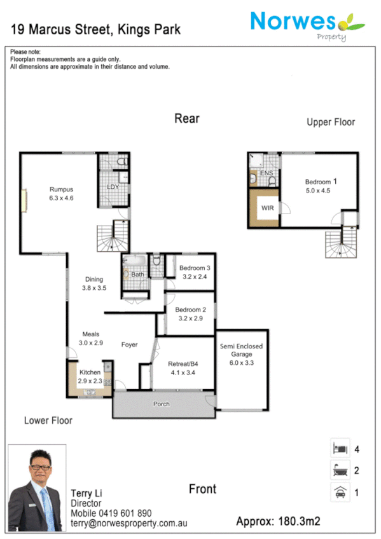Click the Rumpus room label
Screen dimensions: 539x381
[x=62, y=189]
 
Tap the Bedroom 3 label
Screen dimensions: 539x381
[x=194, y=268]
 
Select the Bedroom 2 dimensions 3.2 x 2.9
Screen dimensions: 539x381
[x=189, y=319]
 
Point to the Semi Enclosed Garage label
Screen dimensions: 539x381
[x=241, y=350]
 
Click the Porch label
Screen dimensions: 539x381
[x=162, y=404]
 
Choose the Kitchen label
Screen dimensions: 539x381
[x=90, y=372]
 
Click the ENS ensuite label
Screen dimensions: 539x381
[x=266, y=173]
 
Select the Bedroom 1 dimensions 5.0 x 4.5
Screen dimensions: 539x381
[x=318, y=190]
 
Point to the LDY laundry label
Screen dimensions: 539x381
[x=113, y=187]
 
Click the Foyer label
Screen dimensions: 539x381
[x=130, y=345]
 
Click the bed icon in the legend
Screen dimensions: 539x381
[x=339, y=449]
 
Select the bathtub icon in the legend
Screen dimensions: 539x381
[x=339, y=471]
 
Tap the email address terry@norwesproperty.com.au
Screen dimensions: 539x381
[x=128, y=523]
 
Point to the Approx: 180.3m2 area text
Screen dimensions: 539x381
[x=278, y=522]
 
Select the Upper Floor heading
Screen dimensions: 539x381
[x=331, y=122]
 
